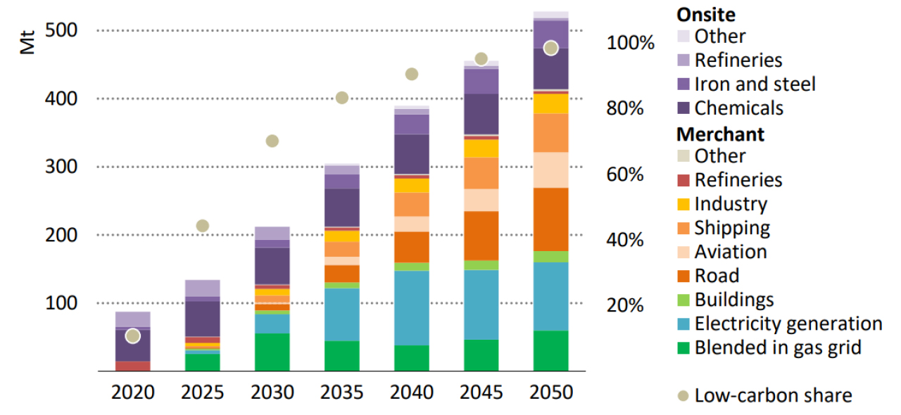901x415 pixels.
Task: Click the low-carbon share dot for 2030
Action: point(272,141)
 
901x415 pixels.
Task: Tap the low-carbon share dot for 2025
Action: point(203,226)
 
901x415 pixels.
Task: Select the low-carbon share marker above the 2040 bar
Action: point(412,75)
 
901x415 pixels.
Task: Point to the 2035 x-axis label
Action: point(342,392)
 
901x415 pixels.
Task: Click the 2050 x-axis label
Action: point(551,392)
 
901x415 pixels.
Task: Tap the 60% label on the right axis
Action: point(625,174)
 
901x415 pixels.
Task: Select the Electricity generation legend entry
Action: point(788,324)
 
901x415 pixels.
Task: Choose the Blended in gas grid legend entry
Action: point(778,347)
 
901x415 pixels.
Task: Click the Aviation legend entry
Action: point(730,252)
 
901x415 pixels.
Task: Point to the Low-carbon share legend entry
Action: point(773,395)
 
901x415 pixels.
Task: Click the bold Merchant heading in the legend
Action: point(720,133)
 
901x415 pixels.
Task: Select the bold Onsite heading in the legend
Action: point(707,13)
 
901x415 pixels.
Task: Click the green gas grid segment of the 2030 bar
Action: point(272,352)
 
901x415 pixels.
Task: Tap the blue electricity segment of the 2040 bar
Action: point(412,308)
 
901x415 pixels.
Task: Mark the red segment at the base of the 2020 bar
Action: point(133,366)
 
